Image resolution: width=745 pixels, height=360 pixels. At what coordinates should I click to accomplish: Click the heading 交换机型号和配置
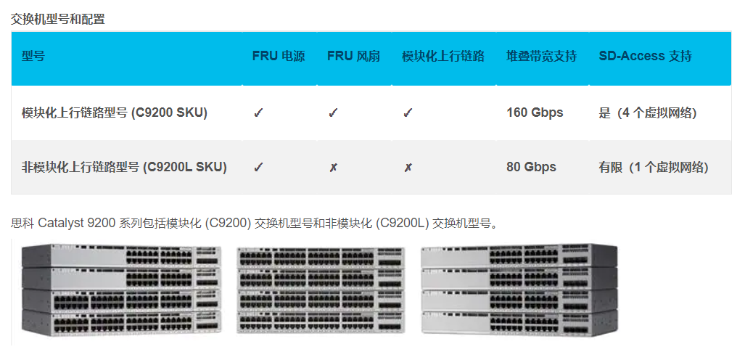pyautogui.click(x=57, y=20)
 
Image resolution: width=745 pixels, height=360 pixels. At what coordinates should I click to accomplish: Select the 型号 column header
pyautogui.click(x=33, y=56)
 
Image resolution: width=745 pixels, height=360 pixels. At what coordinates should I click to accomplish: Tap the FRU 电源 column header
pyautogui.click(x=279, y=56)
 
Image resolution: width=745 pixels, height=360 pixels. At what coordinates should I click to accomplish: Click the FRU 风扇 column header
pyautogui.click(x=353, y=56)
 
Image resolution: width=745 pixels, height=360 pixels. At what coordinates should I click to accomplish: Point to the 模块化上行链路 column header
pyautogui.click(x=443, y=56)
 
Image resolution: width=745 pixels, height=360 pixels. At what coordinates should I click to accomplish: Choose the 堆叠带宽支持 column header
pyautogui.click(x=542, y=56)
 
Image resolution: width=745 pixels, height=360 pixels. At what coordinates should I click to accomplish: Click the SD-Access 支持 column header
pyautogui.click(x=645, y=56)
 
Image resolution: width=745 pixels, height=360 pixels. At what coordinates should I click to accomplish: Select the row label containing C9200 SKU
pyautogui.click(x=115, y=112)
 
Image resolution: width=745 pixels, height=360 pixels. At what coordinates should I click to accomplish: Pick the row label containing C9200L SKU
pyautogui.click(x=124, y=167)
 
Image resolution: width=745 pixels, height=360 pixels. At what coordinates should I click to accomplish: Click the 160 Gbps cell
pyautogui.click(x=535, y=112)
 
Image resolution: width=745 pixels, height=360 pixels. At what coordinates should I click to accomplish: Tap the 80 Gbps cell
pyautogui.click(x=531, y=167)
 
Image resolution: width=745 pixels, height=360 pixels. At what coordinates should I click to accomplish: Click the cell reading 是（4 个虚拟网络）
pyautogui.click(x=648, y=112)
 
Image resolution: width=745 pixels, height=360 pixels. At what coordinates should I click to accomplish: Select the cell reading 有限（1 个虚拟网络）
pyautogui.click(x=654, y=167)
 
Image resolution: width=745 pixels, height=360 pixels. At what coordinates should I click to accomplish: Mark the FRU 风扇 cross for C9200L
pyautogui.click(x=333, y=168)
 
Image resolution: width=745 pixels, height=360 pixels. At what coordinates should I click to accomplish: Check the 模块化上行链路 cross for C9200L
pyautogui.click(x=408, y=168)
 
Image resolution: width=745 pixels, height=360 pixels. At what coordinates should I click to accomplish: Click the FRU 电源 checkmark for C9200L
pyautogui.click(x=258, y=167)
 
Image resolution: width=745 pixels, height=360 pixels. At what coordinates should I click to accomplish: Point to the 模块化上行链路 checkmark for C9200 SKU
pyautogui.click(x=408, y=112)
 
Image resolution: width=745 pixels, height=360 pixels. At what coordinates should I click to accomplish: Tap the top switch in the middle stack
pyautogui.click(x=320, y=258)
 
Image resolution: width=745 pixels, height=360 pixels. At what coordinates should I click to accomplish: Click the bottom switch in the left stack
pyautogui.click(x=121, y=322)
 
